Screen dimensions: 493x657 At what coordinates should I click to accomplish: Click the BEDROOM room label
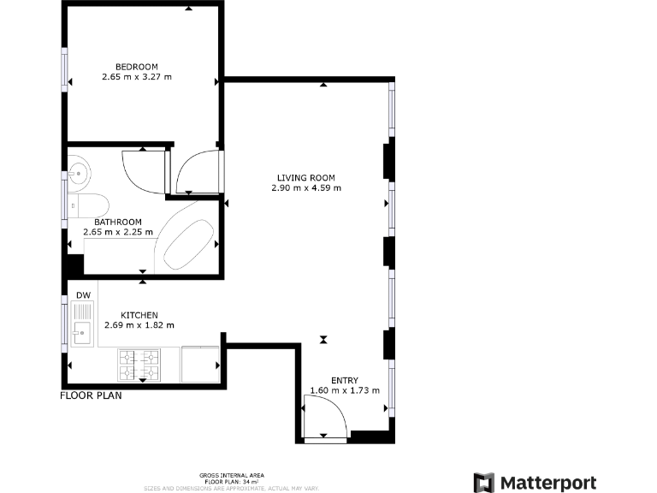coord(137,67)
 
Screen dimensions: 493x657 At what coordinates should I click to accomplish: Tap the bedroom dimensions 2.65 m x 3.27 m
coord(137,77)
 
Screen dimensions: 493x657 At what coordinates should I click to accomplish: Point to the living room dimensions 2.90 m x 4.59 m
coord(305,188)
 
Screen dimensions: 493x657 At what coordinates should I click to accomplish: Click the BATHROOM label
coord(118,222)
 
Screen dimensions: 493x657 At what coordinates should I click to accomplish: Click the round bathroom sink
coord(79,173)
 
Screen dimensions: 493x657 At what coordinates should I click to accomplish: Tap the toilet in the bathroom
coord(89,205)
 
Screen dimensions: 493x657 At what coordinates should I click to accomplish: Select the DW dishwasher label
coord(83,296)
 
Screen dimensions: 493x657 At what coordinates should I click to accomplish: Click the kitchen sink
coord(82,331)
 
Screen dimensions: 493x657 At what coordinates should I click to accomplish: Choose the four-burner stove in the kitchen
coord(139,364)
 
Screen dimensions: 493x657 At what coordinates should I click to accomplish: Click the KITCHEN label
coord(139,315)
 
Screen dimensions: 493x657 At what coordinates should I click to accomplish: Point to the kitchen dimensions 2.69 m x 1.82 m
coord(139,325)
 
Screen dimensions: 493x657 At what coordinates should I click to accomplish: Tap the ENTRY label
coord(345,380)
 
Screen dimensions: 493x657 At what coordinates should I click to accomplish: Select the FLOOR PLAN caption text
coord(91,395)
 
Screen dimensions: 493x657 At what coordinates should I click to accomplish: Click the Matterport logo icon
coord(484,483)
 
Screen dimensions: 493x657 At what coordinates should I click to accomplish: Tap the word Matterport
coord(547,483)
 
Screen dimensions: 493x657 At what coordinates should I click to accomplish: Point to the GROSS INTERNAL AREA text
coord(232,475)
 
